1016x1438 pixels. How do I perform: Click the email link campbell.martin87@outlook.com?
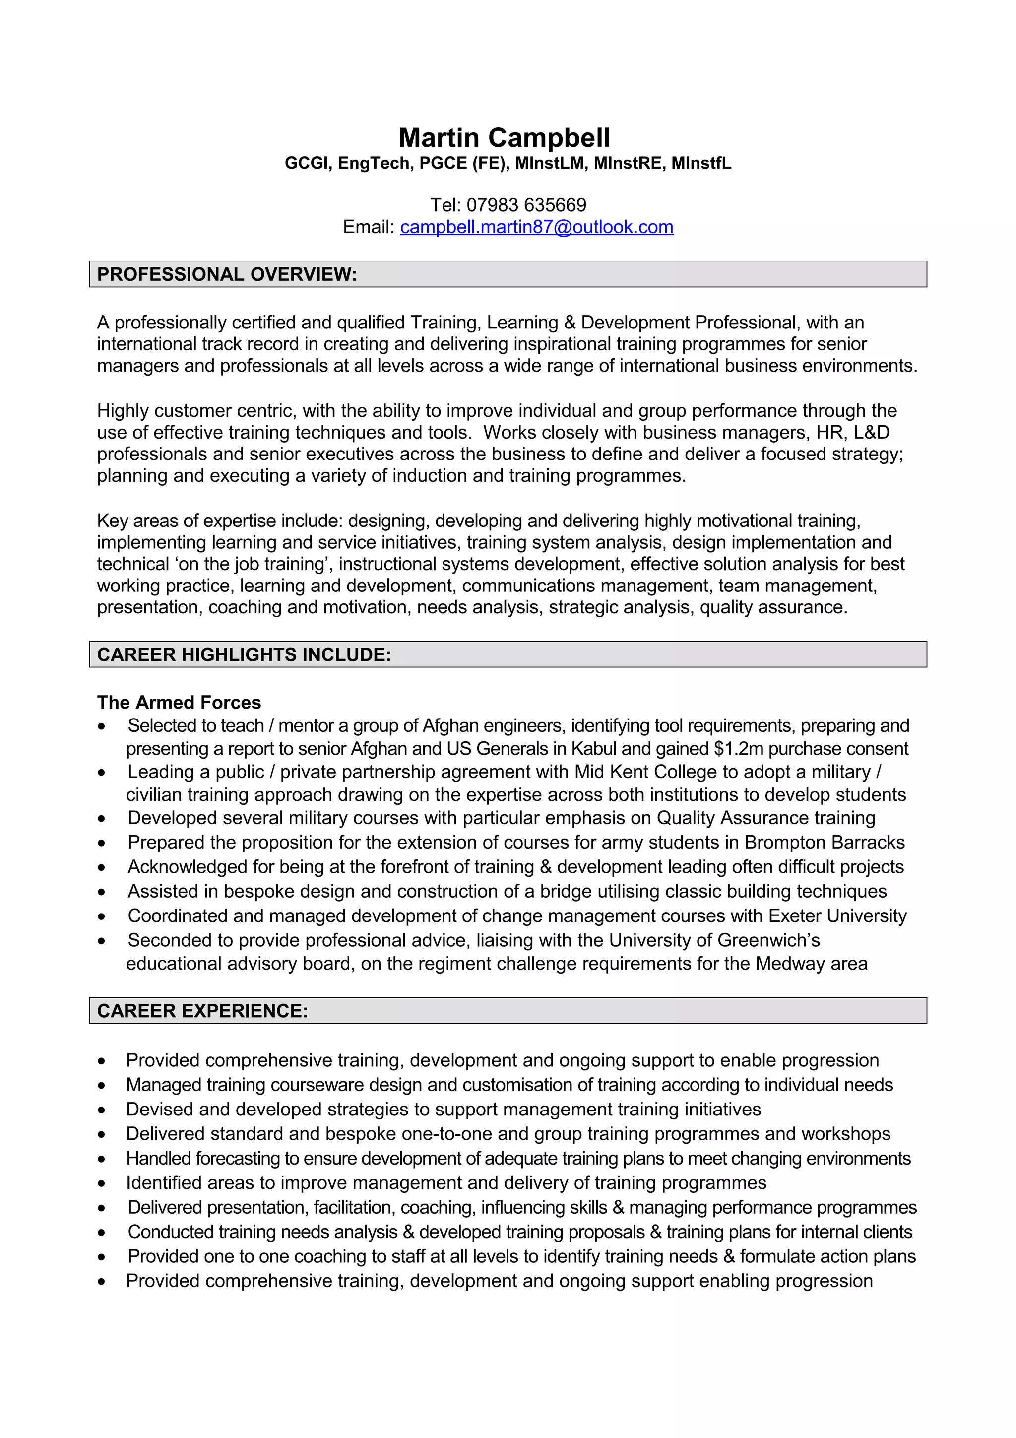click(x=536, y=227)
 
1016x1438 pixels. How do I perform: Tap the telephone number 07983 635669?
click(x=526, y=205)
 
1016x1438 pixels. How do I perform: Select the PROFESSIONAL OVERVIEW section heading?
click(x=227, y=274)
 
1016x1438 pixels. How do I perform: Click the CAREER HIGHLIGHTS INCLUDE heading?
click(x=244, y=654)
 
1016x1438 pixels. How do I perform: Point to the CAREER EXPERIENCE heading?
click(x=202, y=1011)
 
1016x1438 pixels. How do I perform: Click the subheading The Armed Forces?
click(x=179, y=702)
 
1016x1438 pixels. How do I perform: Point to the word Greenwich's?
click(x=768, y=940)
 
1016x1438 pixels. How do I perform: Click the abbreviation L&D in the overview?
click(x=872, y=432)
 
